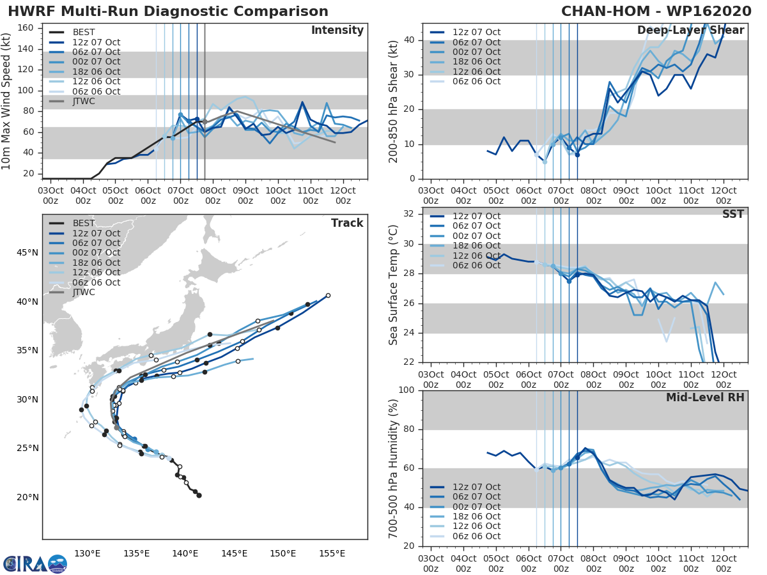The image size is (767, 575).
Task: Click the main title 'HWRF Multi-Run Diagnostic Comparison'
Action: pos(168,11)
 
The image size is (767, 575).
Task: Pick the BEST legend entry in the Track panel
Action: pos(84,223)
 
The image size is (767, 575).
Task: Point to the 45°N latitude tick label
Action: pos(27,252)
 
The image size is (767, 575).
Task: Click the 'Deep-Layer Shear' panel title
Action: pos(690,31)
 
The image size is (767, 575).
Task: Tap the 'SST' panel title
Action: pos(732,214)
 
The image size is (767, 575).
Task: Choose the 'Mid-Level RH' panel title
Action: pos(705,397)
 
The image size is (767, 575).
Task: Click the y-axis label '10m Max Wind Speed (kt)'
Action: pos(7,101)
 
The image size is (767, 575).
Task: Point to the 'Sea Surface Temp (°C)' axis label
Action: pos(394,284)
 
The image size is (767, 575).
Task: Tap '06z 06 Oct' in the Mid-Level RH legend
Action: pos(477,536)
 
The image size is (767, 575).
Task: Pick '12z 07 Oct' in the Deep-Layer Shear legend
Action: pos(477,32)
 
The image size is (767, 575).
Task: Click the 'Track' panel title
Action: pos(346,223)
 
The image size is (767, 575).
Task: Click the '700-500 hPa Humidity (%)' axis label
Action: pos(394,468)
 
